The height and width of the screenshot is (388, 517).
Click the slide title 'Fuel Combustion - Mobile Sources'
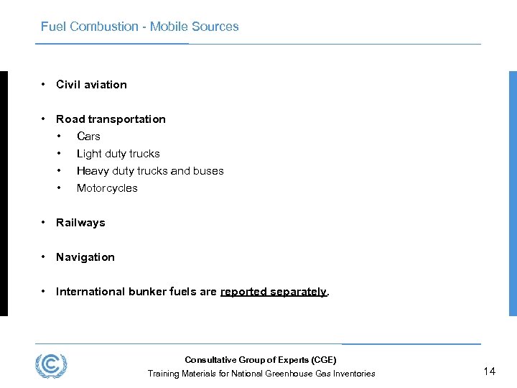coord(139,27)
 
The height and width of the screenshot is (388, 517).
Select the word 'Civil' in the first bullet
coord(68,85)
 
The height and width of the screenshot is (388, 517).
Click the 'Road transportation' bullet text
coord(111,119)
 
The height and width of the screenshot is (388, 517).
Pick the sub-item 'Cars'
coord(88,137)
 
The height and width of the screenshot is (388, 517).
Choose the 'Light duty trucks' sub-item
coord(118,154)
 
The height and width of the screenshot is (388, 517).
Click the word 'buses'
coord(208,171)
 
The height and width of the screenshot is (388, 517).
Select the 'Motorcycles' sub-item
coord(107,188)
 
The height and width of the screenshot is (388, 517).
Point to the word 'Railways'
coord(80,223)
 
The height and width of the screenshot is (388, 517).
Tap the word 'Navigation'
coord(85,257)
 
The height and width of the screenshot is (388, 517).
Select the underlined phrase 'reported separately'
coord(273,292)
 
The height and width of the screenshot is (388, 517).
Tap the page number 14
coord(489,371)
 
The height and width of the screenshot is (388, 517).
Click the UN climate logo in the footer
coord(51,366)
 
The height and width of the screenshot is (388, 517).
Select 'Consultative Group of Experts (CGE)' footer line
coord(260,360)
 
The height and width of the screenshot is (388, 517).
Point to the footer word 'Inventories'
coord(353,374)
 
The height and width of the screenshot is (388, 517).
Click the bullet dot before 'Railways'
coord(45,223)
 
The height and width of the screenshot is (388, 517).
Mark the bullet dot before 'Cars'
coord(60,137)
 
